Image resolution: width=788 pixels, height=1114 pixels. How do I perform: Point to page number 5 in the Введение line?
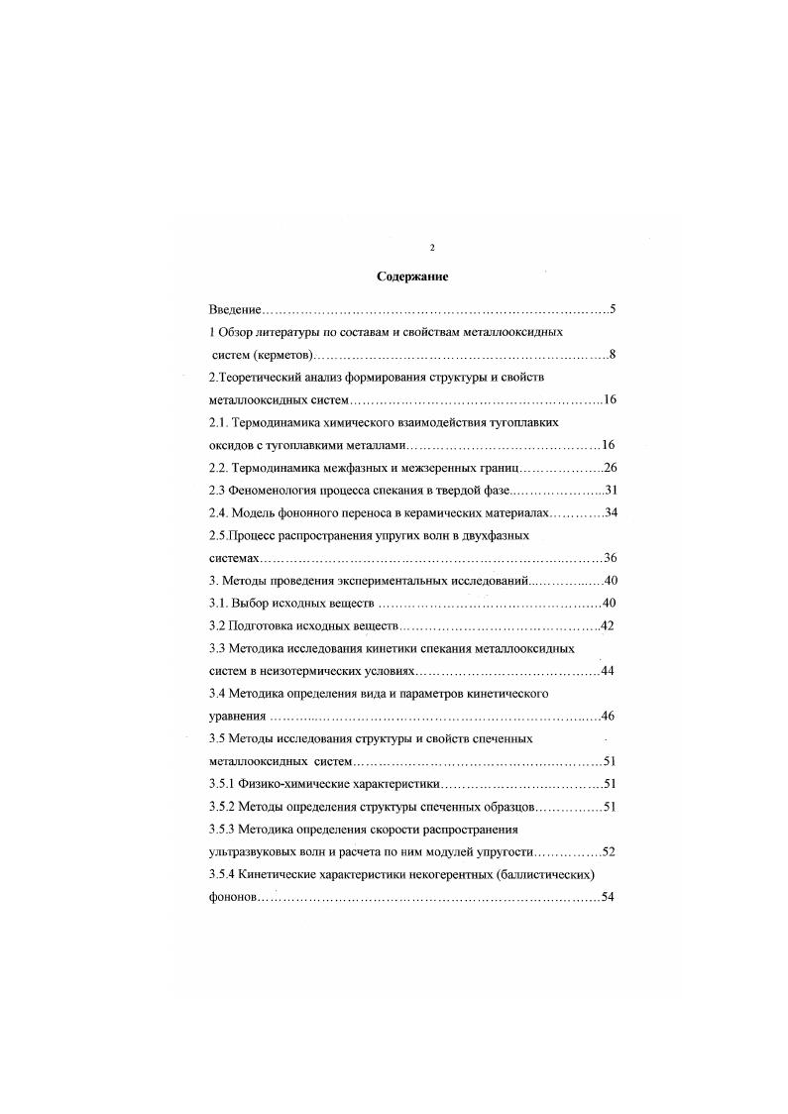(614, 310)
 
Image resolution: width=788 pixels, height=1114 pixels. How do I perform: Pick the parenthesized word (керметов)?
(283, 355)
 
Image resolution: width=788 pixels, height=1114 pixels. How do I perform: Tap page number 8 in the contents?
(614, 355)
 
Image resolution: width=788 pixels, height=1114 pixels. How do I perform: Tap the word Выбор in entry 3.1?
(253, 604)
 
